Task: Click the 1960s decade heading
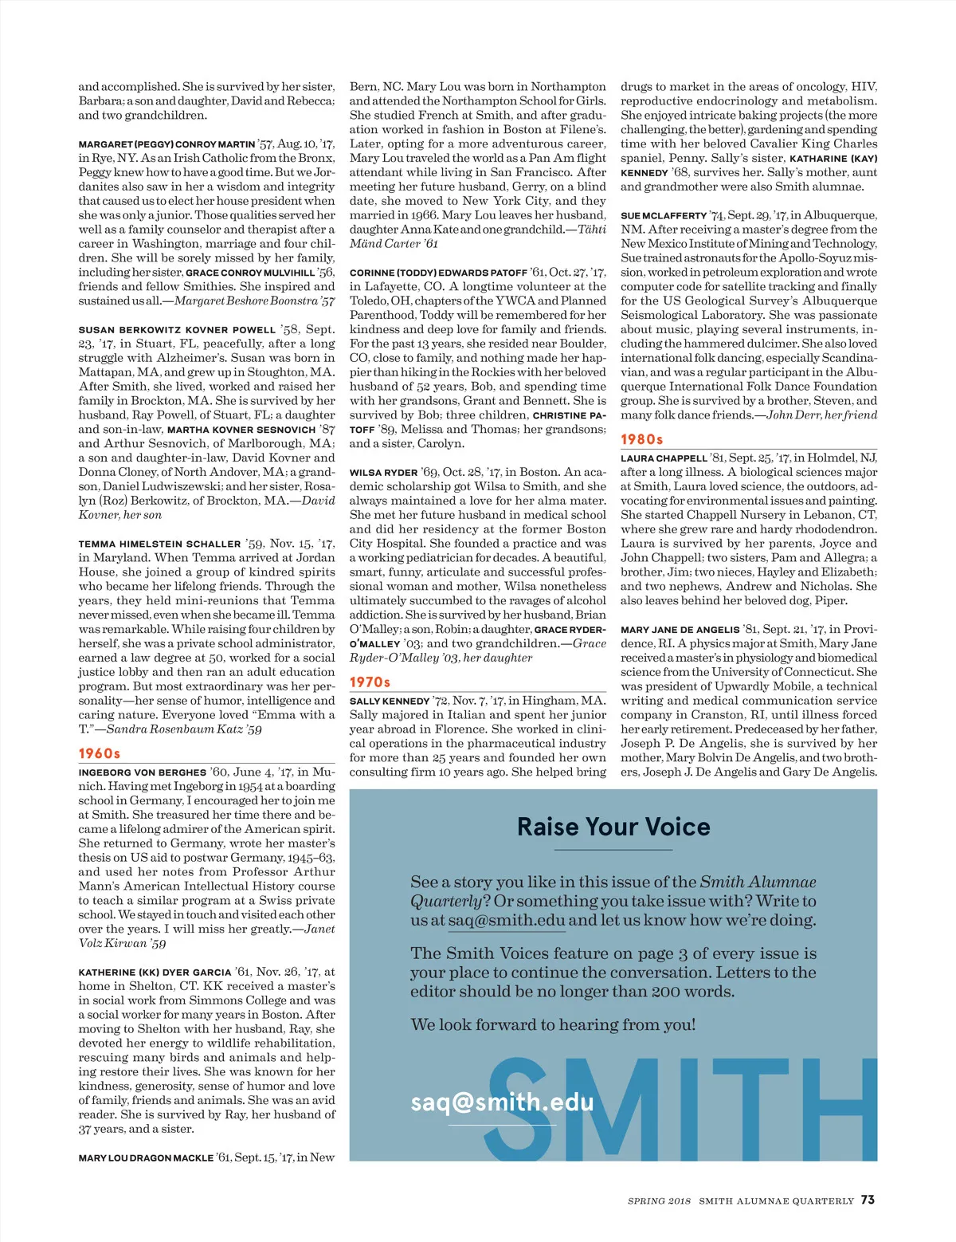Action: point(100,753)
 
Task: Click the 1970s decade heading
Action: point(370,682)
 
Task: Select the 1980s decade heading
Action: point(642,439)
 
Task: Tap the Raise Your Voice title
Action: point(613,827)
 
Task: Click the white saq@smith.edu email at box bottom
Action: point(502,1102)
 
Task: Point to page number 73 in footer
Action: point(868,1200)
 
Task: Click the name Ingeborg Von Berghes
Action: point(143,772)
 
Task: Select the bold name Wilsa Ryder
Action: point(383,473)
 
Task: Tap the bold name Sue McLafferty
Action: point(664,216)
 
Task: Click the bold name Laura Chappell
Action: point(664,458)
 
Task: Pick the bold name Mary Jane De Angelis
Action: point(680,630)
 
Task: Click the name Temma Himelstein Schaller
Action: point(159,544)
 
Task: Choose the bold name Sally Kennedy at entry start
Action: point(390,702)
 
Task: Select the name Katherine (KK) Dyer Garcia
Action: point(155,973)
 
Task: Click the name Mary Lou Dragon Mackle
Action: point(146,1157)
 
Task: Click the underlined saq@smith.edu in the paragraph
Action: point(506,921)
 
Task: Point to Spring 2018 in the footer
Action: point(659,1201)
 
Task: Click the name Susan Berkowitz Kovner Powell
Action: point(177,330)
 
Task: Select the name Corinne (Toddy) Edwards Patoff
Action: point(438,273)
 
